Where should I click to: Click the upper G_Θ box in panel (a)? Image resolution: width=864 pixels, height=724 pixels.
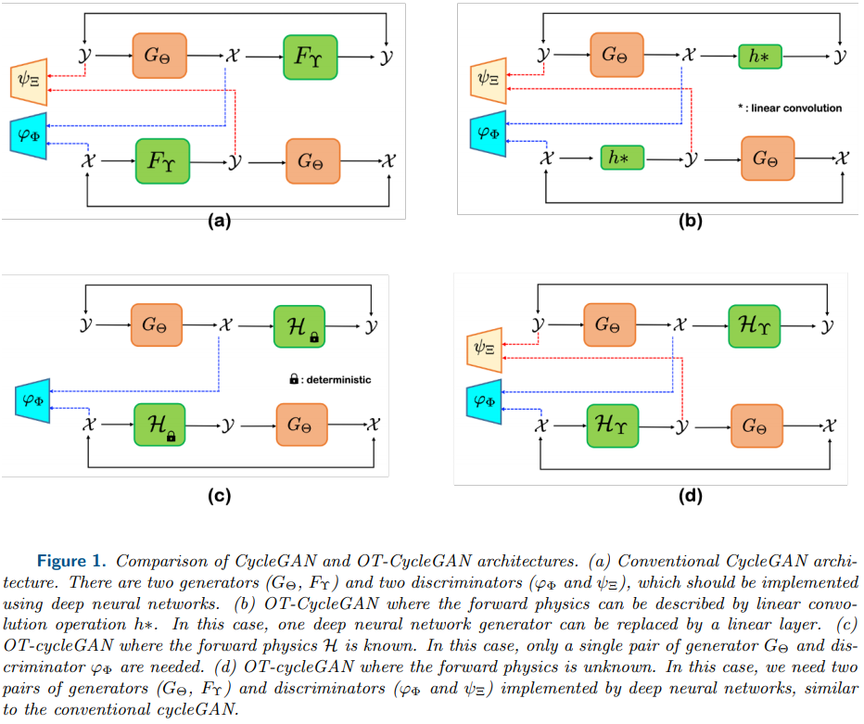[x=159, y=56]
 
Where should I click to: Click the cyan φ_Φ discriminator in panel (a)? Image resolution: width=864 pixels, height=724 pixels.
[x=28, y=134]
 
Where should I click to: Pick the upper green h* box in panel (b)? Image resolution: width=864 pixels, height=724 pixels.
[x=760, y=56]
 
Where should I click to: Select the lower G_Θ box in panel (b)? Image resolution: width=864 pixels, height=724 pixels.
[x=767, y=159]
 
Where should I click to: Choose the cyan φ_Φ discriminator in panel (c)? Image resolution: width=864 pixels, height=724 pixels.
[x=34, y=400]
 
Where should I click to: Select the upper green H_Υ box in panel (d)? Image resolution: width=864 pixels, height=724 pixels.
[x=756, y=326]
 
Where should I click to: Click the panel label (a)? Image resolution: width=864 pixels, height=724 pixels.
[x=218, y=220]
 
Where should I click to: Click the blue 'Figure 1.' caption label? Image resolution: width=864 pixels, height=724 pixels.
[x=75, y=561]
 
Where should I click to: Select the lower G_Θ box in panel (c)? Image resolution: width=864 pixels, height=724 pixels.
[x=299, y=426]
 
